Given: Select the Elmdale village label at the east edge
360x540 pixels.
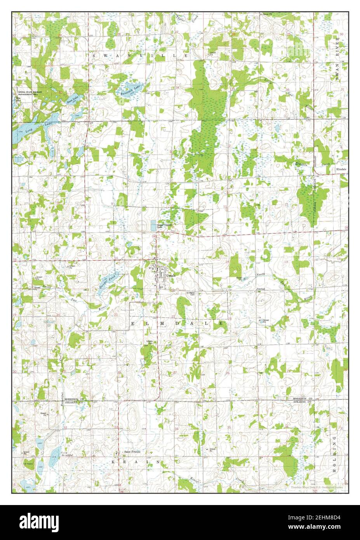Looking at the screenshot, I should pyautogui.click(x=341, y=170).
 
